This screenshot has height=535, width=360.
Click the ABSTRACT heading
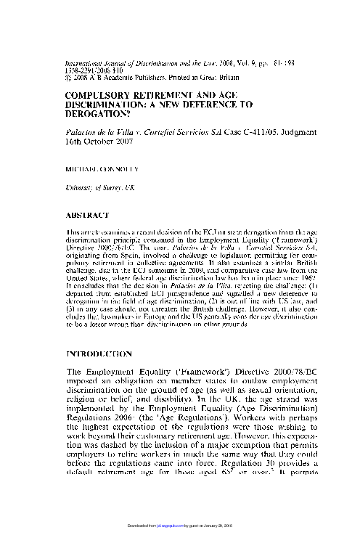pyautogui.click(x=87, y=216)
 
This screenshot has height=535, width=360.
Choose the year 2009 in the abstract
pyautogui.click(x=207, y=266)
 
